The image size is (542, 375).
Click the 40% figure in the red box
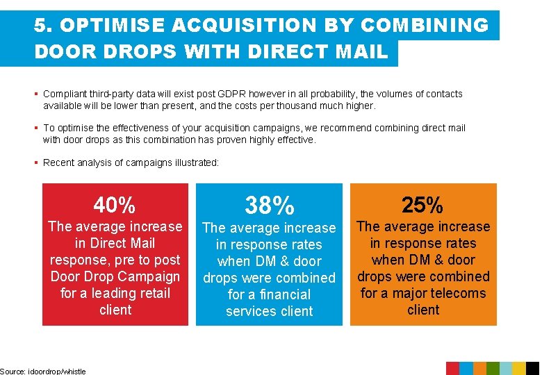click(x=115, y=206)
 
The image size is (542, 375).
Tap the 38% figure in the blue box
click(x=269, y=206)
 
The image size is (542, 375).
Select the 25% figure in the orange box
click(x=423, y=205)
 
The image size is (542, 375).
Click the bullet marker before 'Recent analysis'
click(x=37, y=162)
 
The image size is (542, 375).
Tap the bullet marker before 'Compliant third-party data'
click(x=37, y=94)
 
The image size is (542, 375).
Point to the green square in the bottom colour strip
click(x=493, y=369)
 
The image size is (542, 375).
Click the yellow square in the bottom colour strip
click(x=519, y=369)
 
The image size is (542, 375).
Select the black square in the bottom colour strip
click(x=532, y=369)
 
